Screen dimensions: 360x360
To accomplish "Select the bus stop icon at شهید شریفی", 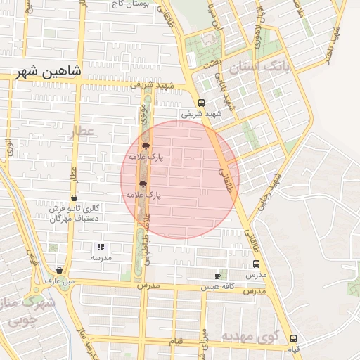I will tap(202, 101).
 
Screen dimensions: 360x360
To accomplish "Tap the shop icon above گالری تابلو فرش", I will tap(75, 198).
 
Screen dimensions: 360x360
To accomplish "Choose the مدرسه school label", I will tap(101, 258).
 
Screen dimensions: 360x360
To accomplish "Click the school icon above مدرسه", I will tap(101, 247).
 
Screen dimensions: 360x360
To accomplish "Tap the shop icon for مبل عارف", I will tap(59, 270).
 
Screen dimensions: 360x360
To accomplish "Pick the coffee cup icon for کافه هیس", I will tap(217, 276).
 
